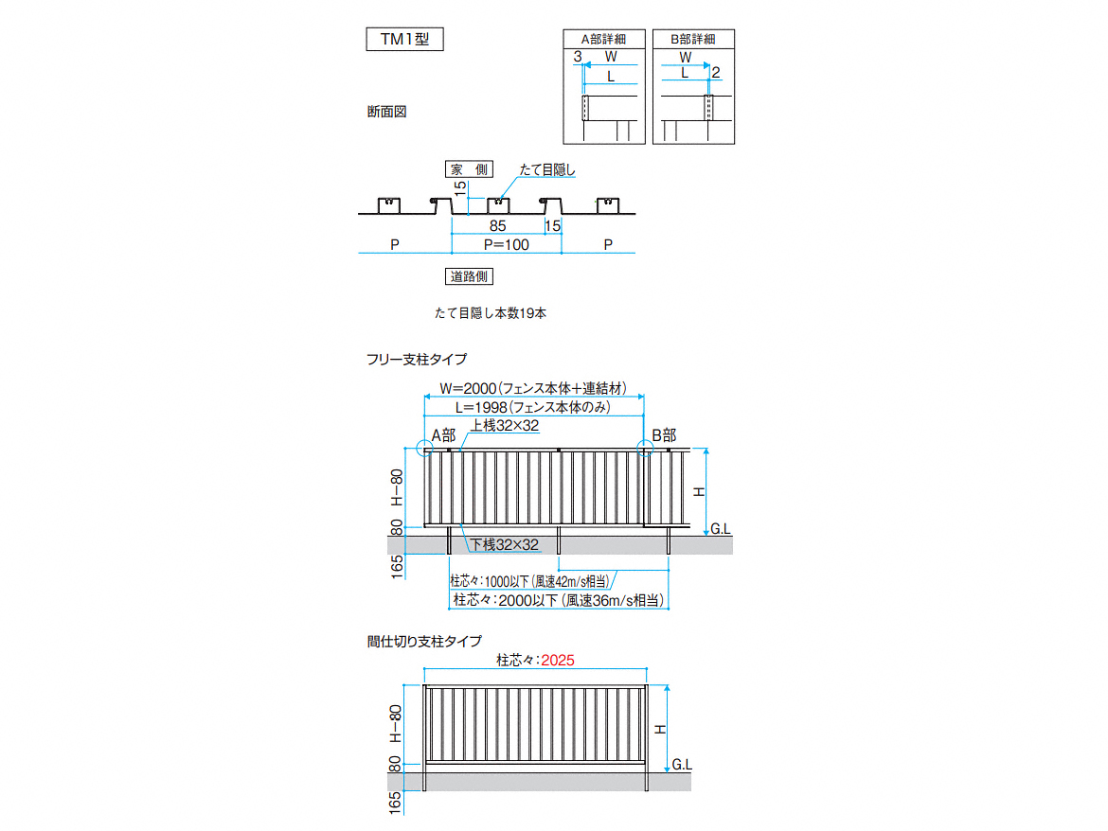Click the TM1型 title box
(405, 39)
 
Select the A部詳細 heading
(603, 39)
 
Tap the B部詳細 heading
(693, 39)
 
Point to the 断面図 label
(386, 112)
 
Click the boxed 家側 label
(469, 169)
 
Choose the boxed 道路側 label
(469, 276)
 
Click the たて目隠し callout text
(547, 169)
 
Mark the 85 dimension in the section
(497, 226)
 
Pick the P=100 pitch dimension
(506, 244)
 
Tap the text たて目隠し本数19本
(491, 312)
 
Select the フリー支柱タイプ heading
(417, 360)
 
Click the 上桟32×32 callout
(506, 426)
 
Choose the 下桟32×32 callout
(506, 544)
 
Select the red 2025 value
(558, 660)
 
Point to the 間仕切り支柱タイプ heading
(424, 641)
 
